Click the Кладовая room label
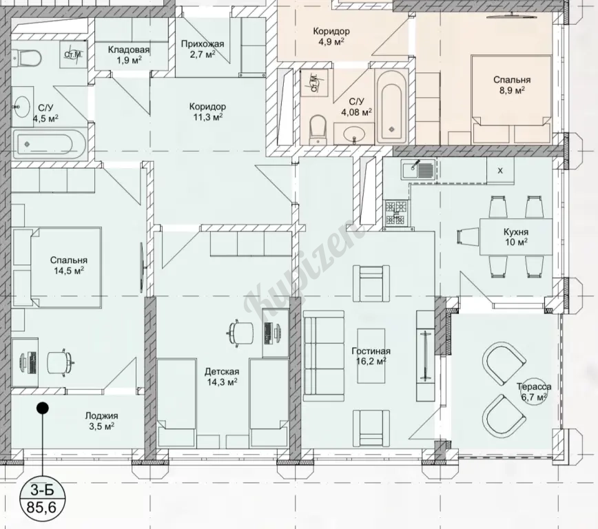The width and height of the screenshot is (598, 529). point(129,50)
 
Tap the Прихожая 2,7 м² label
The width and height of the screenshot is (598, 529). point(202,48)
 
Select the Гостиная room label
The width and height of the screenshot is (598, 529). point(371,351)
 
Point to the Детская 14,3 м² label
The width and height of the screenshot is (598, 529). point(222,376)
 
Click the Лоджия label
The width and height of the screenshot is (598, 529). point(101,416)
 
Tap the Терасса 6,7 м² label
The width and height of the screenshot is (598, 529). point(534,392)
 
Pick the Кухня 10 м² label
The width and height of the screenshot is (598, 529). point(516,237)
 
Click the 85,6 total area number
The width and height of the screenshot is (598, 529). point(41,508)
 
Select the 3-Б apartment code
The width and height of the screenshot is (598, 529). point(41,489)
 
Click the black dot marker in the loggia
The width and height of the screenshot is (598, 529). point(42,408)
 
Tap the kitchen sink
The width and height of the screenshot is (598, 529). point(418,169)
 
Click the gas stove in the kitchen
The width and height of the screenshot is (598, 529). point(397,212)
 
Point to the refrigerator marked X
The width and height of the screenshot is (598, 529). point(500,171)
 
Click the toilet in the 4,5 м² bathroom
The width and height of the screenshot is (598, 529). point(26,59)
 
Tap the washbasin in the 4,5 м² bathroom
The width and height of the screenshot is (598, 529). point(21,107)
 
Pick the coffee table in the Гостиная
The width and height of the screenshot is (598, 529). point(371,356)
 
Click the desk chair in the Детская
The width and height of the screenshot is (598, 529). point(241,333)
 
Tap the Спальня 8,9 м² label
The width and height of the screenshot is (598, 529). point(512,84)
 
